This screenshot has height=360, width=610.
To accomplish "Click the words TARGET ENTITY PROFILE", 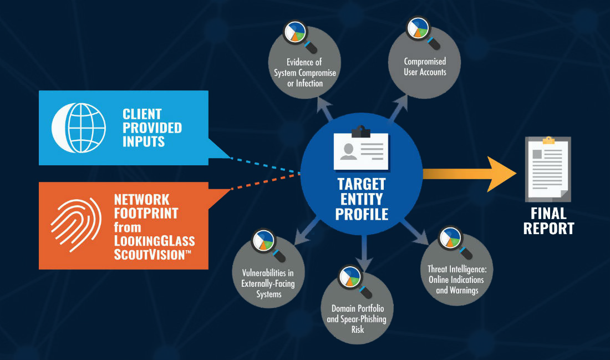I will point(362,199).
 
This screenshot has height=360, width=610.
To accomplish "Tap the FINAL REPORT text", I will point(548,221).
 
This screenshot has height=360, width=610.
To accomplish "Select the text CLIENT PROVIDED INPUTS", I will point(152,128).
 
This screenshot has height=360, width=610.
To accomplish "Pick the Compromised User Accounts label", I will point(425,67).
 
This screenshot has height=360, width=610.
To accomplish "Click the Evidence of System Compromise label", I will point(304,73).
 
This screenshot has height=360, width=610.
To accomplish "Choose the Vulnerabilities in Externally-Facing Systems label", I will point(268,283).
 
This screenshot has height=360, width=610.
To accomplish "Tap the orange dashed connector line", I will point(266,181).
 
